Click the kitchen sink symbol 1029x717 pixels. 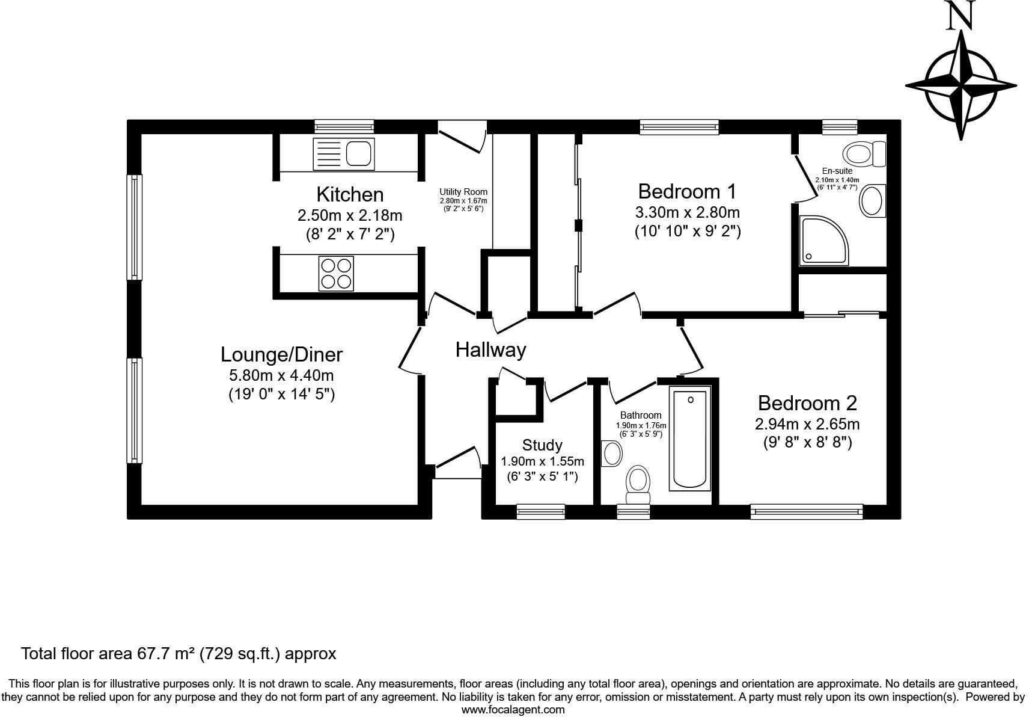[344, 153]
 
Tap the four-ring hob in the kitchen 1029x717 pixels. [336, 273]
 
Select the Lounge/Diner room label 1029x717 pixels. [281, 354]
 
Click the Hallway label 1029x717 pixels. [490, 349]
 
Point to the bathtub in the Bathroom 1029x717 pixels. [690, 439]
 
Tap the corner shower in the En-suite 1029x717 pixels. [824, 241]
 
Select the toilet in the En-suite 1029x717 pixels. [865, 154]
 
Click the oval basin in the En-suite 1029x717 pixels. [872, 200]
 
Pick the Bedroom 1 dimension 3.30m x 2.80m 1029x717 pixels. [687, 212]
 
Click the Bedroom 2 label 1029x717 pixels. [807, 402]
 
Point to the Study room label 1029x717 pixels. [542, 445]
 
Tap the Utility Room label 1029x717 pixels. [463, 192]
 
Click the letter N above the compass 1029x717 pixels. [960, 16]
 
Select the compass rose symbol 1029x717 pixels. [961, 86]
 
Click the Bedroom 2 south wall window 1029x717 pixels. [806, 512]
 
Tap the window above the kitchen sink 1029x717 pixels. [344, 126]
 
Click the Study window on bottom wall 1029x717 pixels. [541, 511]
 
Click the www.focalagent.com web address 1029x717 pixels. [513, 710]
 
